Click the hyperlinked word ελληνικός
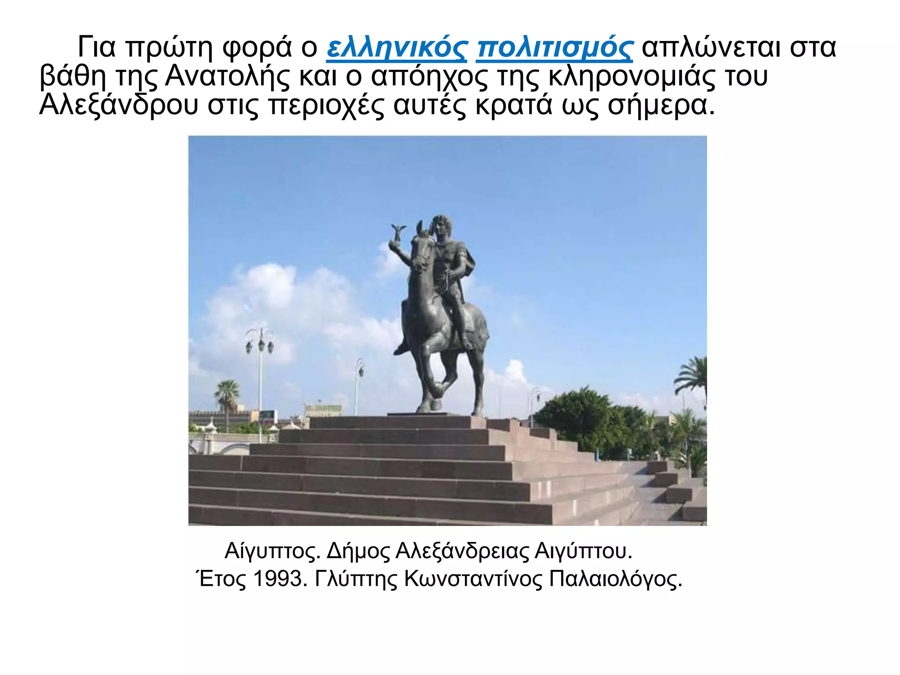pos(396,47)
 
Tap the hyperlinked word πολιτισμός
pos(555,47)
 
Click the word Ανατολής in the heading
pos(227,76)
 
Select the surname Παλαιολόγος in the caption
pos(615,579)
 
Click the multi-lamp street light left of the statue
pos(260,343)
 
